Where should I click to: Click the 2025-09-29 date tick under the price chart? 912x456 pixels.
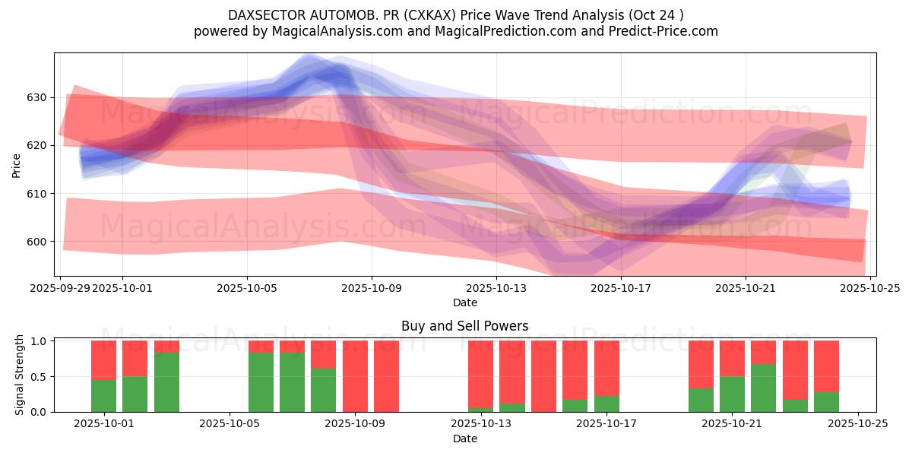pos(60,288)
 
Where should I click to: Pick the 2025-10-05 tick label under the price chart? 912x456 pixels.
pos(247,288)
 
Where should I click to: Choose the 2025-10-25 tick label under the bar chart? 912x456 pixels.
pos(858,424)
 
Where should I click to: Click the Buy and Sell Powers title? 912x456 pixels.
pos(464,326)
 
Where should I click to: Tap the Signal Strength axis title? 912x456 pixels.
pos(20,375)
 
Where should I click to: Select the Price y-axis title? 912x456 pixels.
pos(17,166)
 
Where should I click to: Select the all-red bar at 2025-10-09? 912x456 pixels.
pos(355,376)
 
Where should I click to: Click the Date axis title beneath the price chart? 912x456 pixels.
pos(464,302)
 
